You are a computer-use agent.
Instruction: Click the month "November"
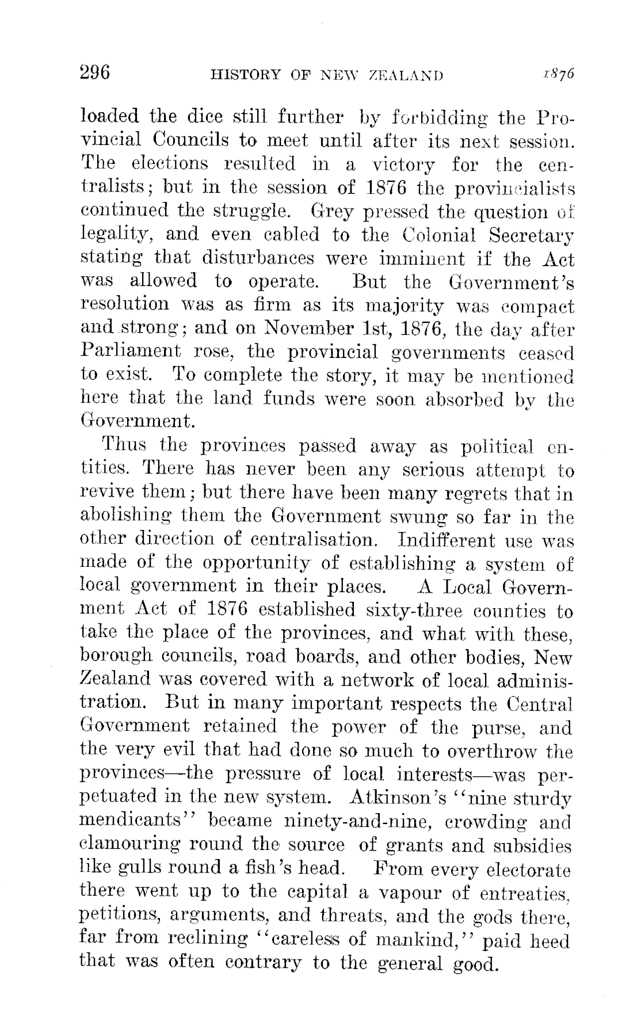tap(308, 329)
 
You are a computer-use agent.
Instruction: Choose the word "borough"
tap(109, 657)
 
